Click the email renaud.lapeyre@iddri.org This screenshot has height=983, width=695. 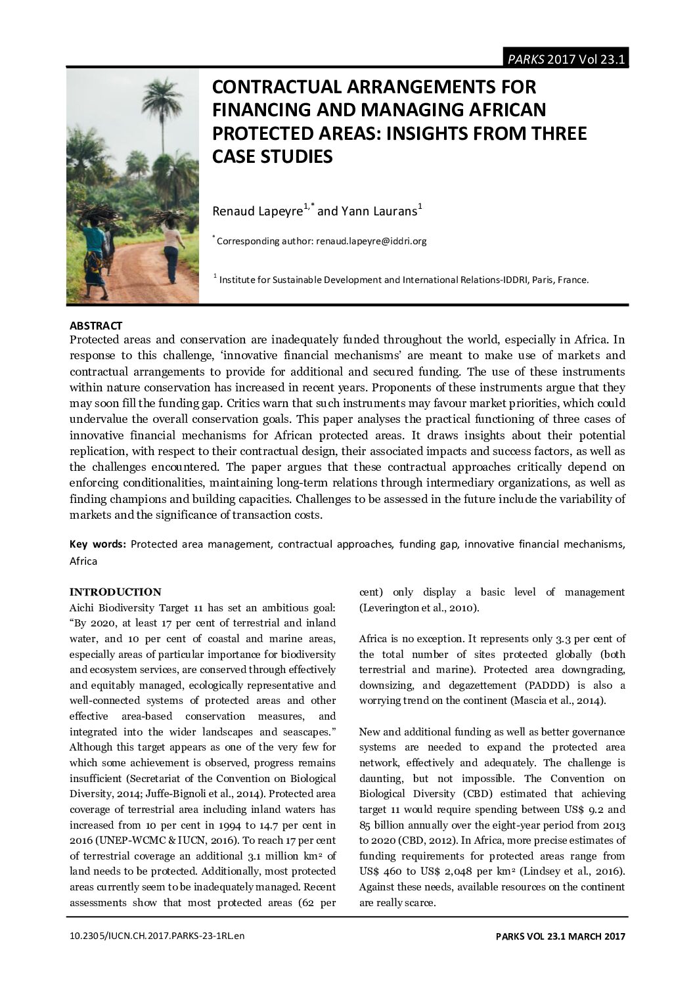tap(371, 241)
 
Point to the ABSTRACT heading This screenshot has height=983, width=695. tap(96, 326)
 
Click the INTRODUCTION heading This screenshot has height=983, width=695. tap(115, 592)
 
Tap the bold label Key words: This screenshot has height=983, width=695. tap(98, 544)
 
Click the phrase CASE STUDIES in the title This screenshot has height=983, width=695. tap(272, 157)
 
